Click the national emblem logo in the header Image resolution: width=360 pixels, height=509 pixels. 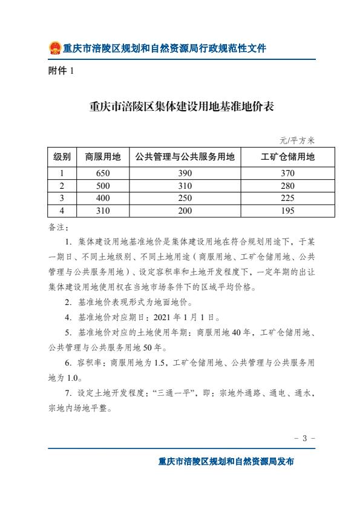click(54, 48)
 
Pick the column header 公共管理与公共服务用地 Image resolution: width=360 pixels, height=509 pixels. click(185, 157)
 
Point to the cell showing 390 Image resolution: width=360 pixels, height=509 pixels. click(185, 173)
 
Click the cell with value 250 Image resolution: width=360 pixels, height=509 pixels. click(185, 198)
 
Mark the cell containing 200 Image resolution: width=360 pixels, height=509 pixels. click(185, 211)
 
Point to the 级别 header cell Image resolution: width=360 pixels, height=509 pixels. click(62, 157)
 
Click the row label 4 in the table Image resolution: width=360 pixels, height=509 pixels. click(62, 211)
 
